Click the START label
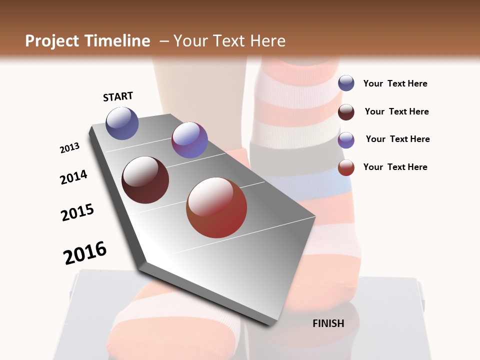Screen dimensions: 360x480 tap(118, 96)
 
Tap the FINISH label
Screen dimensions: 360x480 tap(328, 323)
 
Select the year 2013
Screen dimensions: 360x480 tap(69, 148)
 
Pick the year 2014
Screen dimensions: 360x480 tap(73, 177)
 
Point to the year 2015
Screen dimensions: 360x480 tap(77, 212)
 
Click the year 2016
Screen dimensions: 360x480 tap(85, 252)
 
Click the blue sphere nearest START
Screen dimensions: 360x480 tap(122, 123)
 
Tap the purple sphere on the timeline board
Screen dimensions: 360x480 tap(189, 140)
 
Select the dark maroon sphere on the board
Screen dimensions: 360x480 tap(145, 180)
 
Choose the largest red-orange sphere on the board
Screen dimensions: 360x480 tap(216, 207)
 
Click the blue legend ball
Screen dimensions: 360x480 tap(346, 83)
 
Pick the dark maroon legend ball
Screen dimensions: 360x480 tap(346, 112)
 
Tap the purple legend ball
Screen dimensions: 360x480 tap(346, 140)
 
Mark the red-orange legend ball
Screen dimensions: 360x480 tap(346, 167)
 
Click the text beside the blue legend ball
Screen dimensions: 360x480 tap(395, 83)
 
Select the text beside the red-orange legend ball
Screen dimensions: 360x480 tap(395, 167)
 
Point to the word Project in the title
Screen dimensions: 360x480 tap(52, 41)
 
